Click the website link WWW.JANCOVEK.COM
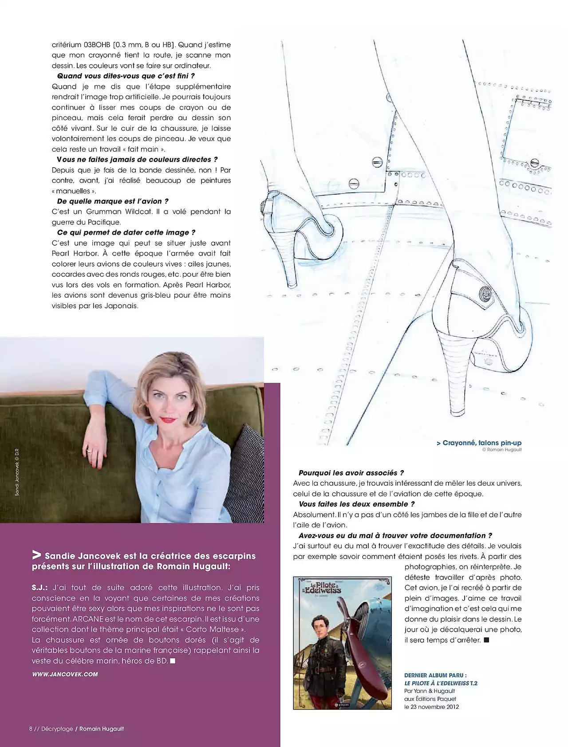point(65,674)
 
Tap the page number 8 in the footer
point(31,729)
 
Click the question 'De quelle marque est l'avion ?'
point(113,201)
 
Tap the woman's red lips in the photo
point(169,420)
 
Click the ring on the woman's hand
point(90,450)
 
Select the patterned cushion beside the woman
point(246,470)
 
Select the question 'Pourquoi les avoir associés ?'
point(351,473)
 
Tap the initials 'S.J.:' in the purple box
point(39,588)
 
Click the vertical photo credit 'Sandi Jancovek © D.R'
point(17,472)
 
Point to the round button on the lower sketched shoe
point(485,293)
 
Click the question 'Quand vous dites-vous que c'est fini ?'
point(126,76)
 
